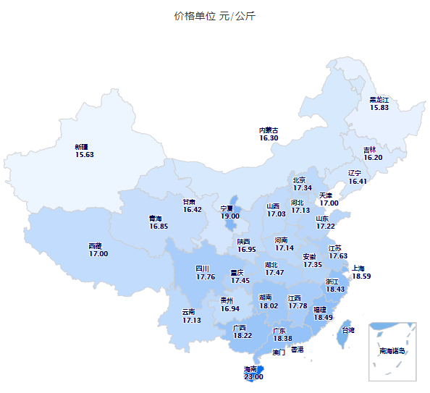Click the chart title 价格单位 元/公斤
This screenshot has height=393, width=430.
[214, 16]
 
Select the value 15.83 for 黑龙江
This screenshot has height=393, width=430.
[379, 108]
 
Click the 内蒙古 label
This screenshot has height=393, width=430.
[269, 130]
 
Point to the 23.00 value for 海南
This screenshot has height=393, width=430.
[253, 376]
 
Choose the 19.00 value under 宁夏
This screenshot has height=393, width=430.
[230, 216]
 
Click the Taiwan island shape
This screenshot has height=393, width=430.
[347, 334]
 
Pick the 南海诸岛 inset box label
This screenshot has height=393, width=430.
[392, 351]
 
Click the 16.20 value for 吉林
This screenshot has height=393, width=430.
[374, 158]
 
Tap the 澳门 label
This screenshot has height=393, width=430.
[279, 353]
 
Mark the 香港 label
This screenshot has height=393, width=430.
[297, 350]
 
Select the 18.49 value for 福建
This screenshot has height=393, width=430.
[323, 317]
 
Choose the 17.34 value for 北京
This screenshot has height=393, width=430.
[303, 188]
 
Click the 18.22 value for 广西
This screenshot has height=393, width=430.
[243, 336]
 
